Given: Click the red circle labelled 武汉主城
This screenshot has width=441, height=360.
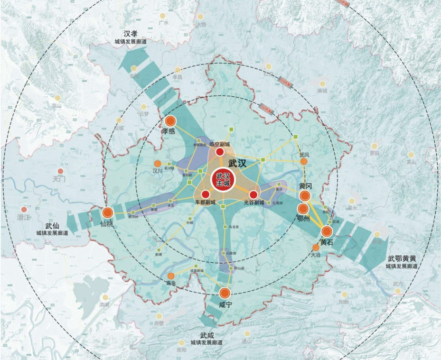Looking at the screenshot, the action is (223, 180).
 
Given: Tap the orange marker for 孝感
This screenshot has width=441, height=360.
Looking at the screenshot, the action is (170, 121).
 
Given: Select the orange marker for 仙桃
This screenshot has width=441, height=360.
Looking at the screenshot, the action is (108, 213).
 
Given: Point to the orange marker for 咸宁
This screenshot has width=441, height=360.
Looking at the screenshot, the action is (225, 293).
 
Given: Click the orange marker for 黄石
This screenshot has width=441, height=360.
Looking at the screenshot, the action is (327, 231).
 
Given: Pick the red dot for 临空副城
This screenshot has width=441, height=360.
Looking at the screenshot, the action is (220, 152).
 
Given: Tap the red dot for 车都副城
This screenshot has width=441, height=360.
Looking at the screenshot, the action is (206, 194).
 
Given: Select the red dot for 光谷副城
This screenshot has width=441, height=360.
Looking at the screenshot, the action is (253, 194).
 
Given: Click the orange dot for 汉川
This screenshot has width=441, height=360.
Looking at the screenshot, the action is (158, 164).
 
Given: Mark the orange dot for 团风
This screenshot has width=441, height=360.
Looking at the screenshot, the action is (304, 162).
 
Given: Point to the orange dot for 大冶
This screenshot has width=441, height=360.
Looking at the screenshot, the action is (316, 248).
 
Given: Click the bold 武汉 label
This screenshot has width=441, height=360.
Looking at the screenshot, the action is (238, 163).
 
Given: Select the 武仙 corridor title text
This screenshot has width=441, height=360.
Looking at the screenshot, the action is (52, 226).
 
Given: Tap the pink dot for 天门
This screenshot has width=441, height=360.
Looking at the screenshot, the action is (60, 171).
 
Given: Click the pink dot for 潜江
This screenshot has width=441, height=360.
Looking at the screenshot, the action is (24, 209).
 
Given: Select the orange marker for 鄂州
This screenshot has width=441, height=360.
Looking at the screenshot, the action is (303, 209).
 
